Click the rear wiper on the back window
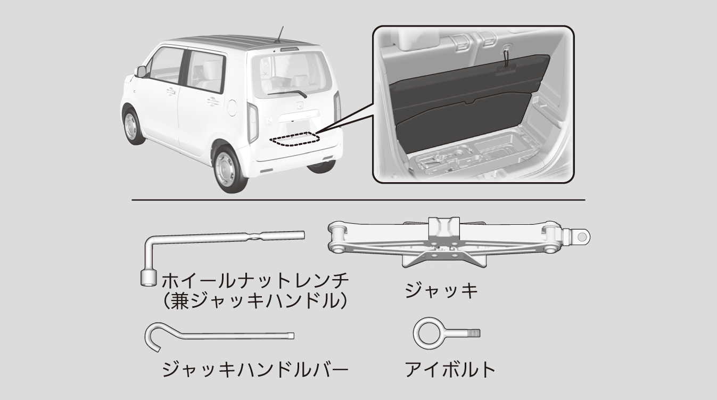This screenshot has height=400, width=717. pyautogui.click(x=287, y=93)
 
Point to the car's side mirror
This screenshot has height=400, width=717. pyautogui.click(x=141, y=72)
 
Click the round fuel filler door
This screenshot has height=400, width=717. pyautogui.click(x=232, y=108)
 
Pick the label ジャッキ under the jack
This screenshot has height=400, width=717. pyautogui.click(x=441, y=291)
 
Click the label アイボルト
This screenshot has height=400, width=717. pyautogui.click(x=450, y=369)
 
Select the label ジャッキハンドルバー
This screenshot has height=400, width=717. pyautogui.click(x=255, y=369)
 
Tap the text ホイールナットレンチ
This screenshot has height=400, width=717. pyautogui.click(x=255, y=281)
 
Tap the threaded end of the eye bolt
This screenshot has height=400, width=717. pyautogui.click(x=474, y=333)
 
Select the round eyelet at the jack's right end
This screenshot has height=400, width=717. pyautogui.click(x=582, y=237)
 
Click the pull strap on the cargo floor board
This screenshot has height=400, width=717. pyautogui.click(x=506, y=58)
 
